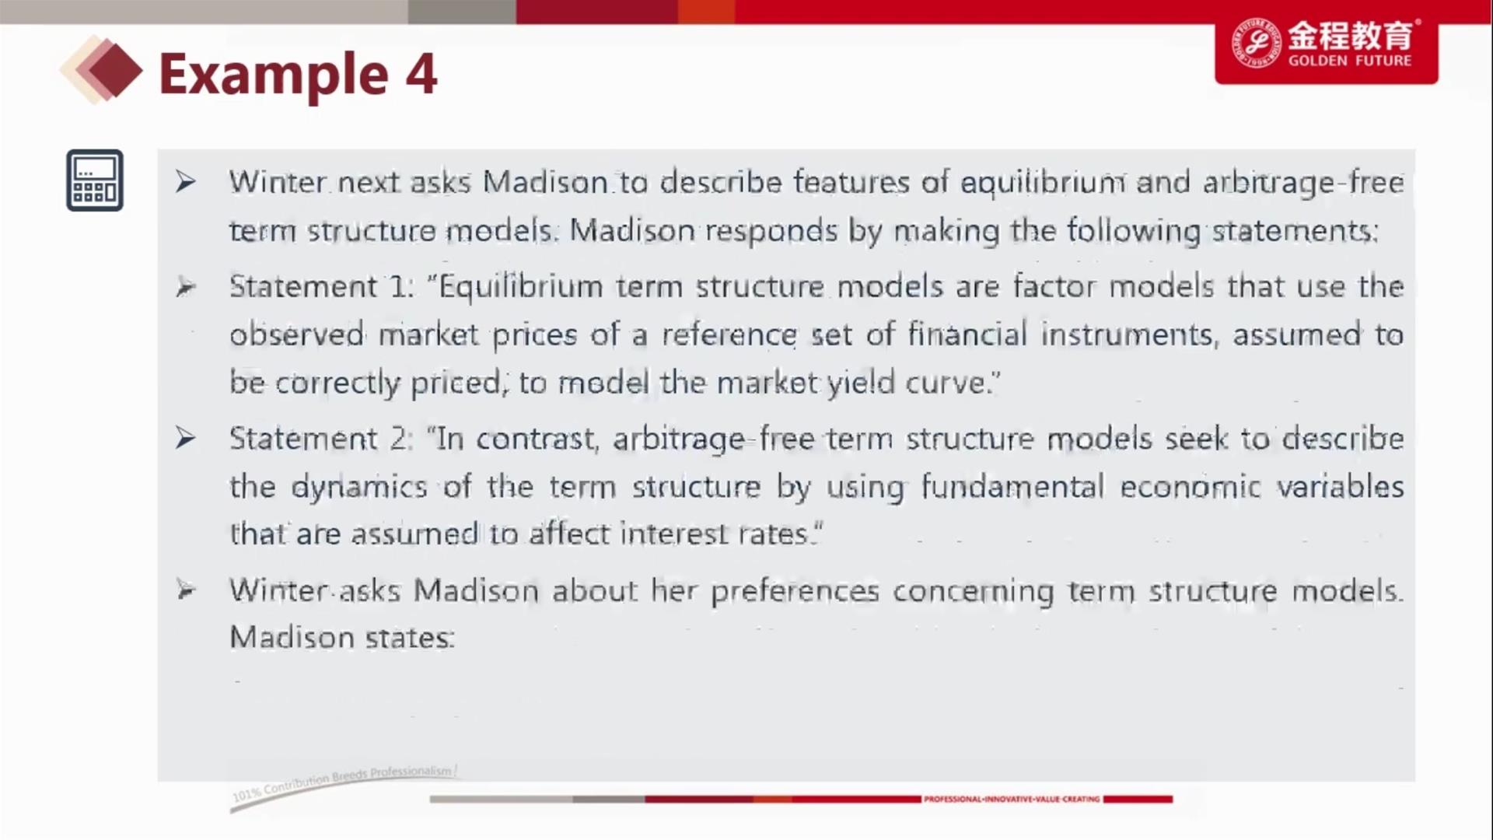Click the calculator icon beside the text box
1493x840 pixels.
(x=95, y=180)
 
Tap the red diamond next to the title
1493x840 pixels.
(x=115, y=71)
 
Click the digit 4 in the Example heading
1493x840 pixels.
(x=421, y=75)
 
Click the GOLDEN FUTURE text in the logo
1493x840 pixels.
(x=1350, y=61)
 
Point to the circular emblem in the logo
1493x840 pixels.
(x=1256, y=43)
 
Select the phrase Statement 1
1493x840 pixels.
(x=320, y=287)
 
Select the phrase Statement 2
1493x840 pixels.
(x=320, y=439)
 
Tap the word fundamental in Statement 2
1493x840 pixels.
(x=1012, y=487)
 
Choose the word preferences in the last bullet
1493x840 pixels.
(x=795, y=592)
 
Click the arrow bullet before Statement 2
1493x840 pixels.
(x=185, y=439)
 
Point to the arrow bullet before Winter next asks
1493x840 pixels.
(x=185, y=182)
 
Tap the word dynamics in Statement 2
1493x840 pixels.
(x=359, y=488)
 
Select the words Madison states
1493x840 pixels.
(x=342, y=638)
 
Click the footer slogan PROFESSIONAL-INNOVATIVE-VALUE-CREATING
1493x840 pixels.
(x=1012, y=799)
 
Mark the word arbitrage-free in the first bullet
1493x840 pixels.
(x=1303, y=183)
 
